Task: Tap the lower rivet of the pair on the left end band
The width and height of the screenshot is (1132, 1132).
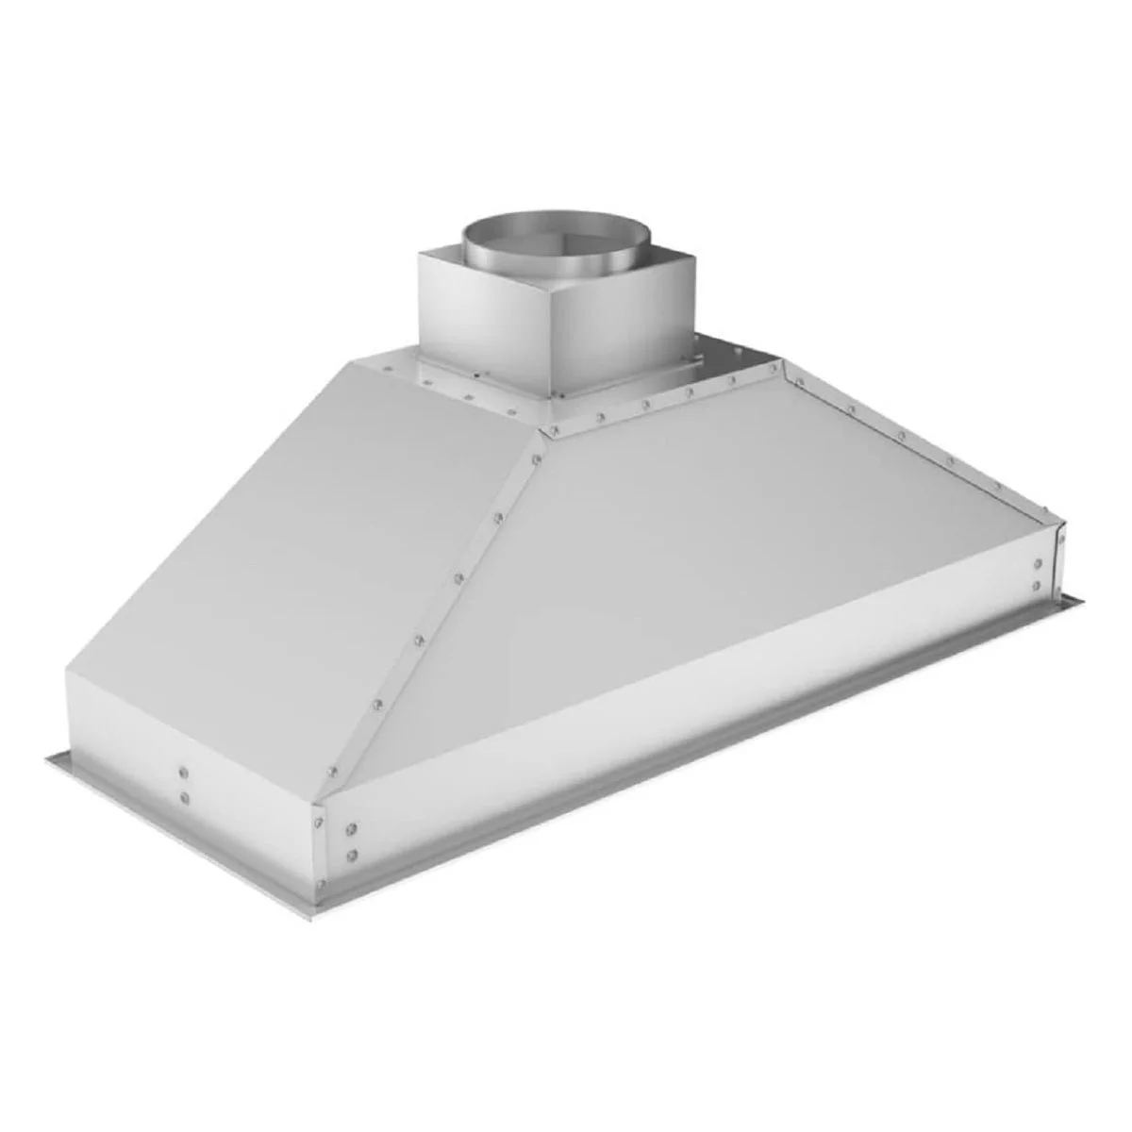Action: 183,798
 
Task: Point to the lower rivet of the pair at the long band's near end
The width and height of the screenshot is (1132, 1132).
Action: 352,855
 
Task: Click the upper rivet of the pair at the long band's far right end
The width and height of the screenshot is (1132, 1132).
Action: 1039,564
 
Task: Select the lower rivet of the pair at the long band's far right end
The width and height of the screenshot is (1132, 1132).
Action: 1039,586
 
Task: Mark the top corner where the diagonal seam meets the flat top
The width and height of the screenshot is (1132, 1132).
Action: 541,432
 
